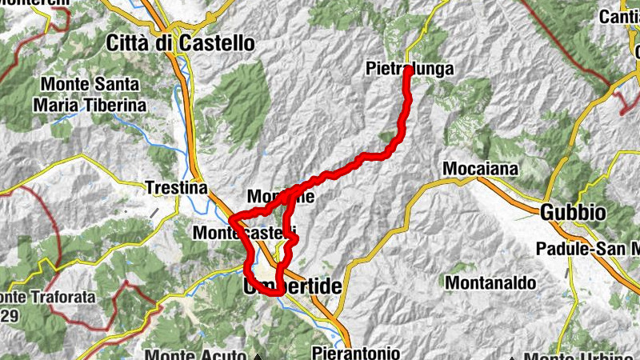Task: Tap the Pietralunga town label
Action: (410, 70)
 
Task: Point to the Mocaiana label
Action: (481, 169)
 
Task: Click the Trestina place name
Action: (177, 188)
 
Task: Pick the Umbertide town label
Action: (292, 286)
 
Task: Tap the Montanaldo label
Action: (482, 282)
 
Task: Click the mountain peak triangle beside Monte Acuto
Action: (258, 356)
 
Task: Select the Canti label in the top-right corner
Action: (620, 15)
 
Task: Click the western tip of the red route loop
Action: (231, 218)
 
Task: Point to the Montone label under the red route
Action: (280, 196)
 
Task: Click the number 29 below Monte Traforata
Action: (10, 313)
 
